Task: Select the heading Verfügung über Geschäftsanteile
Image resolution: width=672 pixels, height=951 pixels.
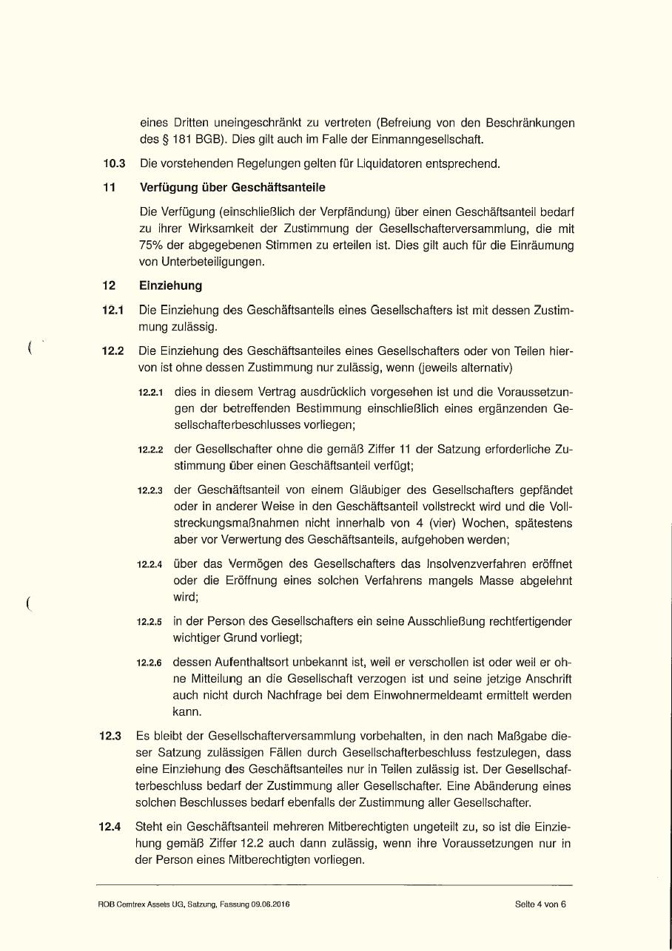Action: tap(232, 188)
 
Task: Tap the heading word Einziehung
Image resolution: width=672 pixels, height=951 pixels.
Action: tap(170, 285)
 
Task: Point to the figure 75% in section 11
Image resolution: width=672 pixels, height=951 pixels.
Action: tap(153, 246)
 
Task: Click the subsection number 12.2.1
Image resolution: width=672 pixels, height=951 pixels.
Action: tap(151, 392)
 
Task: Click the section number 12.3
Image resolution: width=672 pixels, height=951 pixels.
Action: tap(110, 737)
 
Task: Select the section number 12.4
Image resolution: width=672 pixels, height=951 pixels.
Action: tap(110, 827)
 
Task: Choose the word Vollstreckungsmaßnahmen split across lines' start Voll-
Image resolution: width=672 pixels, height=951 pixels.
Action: tap(557, 507)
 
